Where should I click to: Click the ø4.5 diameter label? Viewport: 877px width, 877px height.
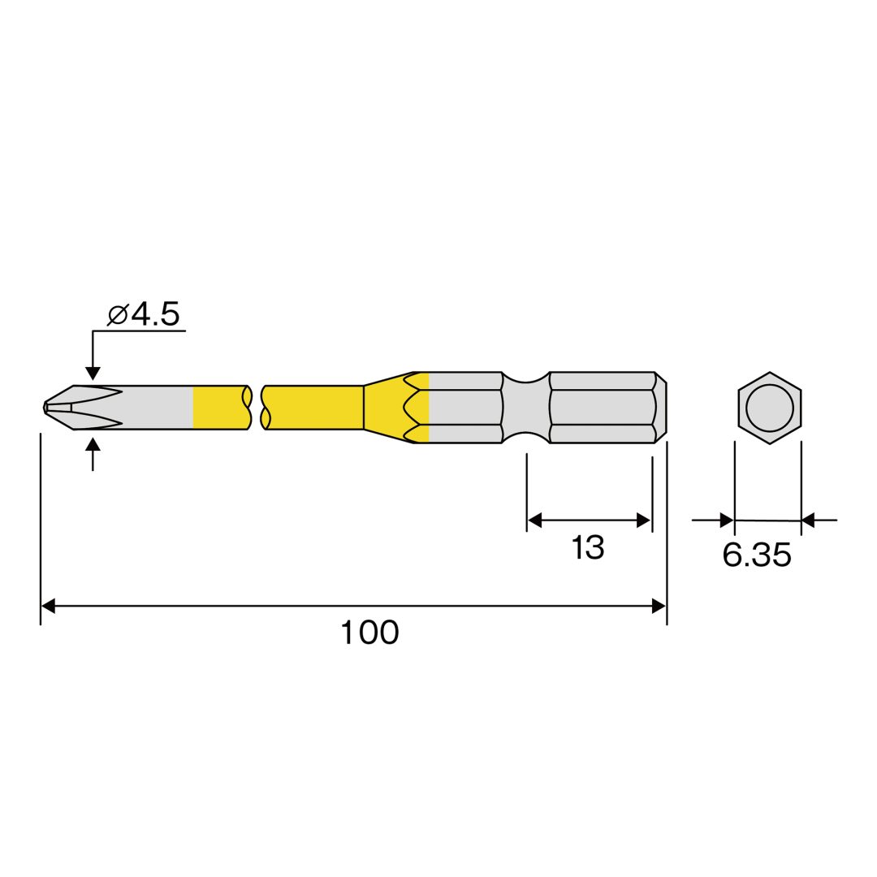point(144,314)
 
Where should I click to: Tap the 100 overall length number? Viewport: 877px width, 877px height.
point(369,633)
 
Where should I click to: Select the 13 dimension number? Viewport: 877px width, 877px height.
point(588,547)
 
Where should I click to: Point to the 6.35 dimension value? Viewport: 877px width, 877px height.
point(757,555)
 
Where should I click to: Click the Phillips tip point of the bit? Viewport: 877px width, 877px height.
point(45,407)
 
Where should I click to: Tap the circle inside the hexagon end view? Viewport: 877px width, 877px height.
point(770,408)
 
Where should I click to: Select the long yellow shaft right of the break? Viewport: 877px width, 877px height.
point(313,407)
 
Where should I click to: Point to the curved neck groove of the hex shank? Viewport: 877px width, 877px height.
point(525,407)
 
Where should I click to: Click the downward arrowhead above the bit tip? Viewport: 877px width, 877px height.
point(93,374)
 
